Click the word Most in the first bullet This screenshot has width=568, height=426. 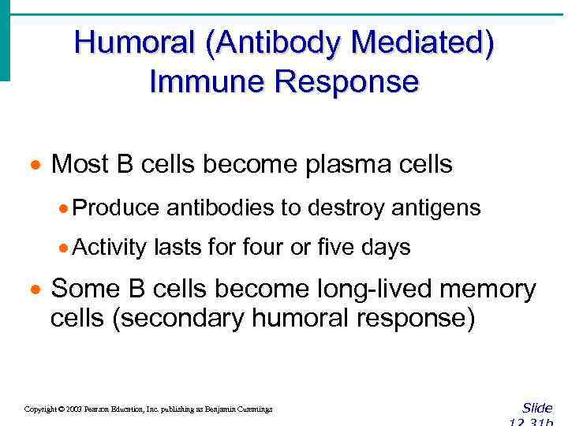tap(78, 164)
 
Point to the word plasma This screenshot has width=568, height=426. tap(361, 164)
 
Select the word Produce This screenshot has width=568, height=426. tap(116, 207)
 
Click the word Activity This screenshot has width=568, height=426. tap(110, 248)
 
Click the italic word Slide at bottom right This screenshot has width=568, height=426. tap(536, 408)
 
